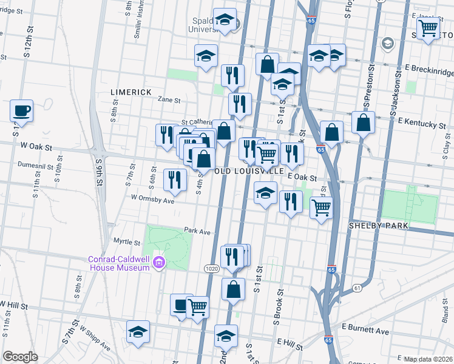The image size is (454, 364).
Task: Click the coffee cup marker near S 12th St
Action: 22,112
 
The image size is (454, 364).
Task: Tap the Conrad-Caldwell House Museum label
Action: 119,263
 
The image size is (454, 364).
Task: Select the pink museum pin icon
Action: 160,263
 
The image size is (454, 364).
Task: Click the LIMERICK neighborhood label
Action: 130,92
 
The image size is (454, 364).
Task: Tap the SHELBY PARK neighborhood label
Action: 377,226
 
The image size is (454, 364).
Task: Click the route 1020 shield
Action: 211,268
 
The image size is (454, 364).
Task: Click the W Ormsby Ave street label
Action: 152,200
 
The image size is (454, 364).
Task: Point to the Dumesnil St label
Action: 38,164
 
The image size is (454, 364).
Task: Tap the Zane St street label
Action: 169,100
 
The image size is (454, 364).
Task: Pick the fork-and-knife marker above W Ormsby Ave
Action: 173,179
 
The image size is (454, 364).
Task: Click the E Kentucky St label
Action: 422,124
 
